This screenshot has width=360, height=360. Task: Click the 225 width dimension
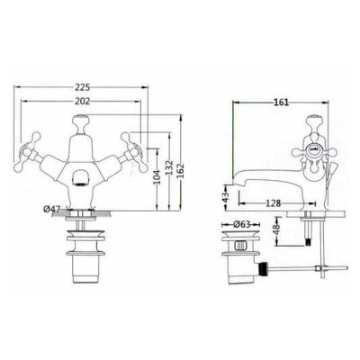tap(82, 87)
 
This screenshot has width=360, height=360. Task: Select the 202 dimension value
tap(82, 102)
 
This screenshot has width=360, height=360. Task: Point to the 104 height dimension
tap(157, 176)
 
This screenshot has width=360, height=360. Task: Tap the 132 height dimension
tap(169, 168)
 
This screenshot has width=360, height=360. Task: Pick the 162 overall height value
tap(182, 171)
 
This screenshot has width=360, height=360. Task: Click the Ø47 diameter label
tap(52, 209)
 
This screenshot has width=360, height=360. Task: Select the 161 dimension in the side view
tap(281, 103)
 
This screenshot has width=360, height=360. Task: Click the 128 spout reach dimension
tap(274, 203)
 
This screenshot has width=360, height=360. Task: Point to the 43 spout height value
tap(227, 196)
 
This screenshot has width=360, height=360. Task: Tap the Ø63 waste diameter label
tap(241, 224)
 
